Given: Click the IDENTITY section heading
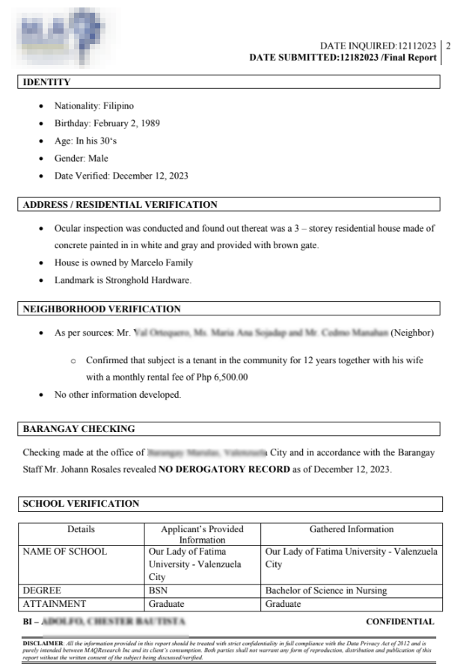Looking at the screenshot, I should pos(47,82).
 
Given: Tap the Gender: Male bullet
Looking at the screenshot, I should pos(81,158).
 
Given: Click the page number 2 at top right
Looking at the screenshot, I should pos(448,46).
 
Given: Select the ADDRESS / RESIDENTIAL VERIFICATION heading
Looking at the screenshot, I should pos(120,205).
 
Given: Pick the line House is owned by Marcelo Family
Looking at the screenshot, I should pos(123,263).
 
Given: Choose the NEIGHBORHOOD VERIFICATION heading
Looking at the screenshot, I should pos(102,309).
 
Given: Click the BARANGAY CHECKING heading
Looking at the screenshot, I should pos(79,429).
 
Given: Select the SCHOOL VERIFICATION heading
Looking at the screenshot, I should pos(81,504).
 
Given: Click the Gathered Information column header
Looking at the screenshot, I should pos(352,529).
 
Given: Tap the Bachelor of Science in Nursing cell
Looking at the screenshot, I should pos(326,591).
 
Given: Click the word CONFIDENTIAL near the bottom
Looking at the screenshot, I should pos(399,621).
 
